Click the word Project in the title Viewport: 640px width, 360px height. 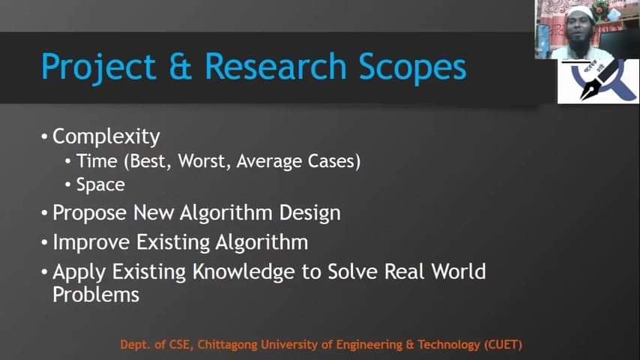click(98, 67)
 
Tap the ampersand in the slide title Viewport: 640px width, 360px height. click(180, 66)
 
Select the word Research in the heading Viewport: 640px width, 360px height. click(276, 66)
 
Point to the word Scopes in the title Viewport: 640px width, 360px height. click(412, 67)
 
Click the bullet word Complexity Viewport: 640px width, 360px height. click(106, 137)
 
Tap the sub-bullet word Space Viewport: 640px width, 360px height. click(100, 185)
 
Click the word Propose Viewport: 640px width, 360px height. click(90, 214)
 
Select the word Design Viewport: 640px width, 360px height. click(310, 214)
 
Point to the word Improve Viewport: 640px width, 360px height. click(91, 243)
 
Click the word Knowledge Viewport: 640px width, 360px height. click(244, 272)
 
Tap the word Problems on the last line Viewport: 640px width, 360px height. click(96, 295)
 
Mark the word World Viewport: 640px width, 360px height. click(459, 271)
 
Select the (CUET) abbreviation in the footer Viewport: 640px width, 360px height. click(504, 345)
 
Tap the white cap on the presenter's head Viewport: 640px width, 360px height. click(579, 13)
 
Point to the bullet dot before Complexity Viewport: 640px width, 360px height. click(44, 137)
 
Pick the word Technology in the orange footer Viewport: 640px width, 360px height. click(449, 345)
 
